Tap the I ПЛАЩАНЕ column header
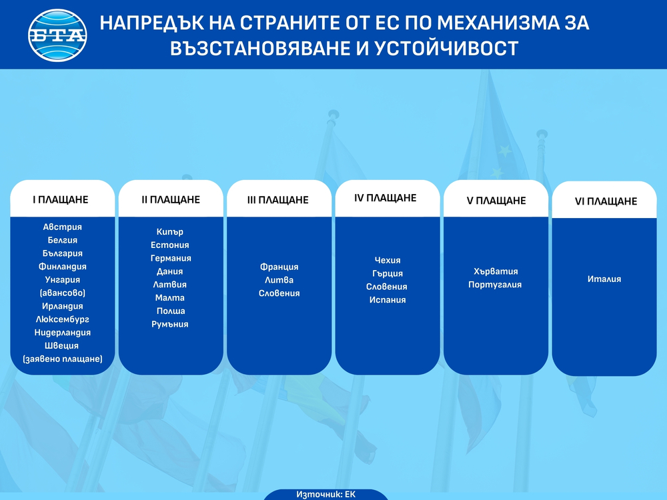[x=61, y=199]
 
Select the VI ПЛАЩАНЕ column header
[x=606, y=201]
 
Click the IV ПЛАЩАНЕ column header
[x=386, y=198]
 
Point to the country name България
[x=63, y=253]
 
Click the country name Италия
[x=604, y=279]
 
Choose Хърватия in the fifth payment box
[x=496, y=271]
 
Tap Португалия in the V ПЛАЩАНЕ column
[x=495, y=285]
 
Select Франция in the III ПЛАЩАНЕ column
[x=279, y=267]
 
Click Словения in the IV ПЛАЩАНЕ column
[x=386, y=287]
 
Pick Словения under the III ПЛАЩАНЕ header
[x=279, y=293]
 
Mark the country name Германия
[x=171, y=258]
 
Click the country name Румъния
[x=170, y=324]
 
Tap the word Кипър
[x=170, y=232]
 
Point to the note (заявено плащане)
[x=63, y=359]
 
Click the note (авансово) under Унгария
[x=63, y=293]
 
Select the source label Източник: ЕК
[x=326, y=495]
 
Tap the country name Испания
[x=388, y=300]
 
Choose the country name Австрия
[x=63, y=227]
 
